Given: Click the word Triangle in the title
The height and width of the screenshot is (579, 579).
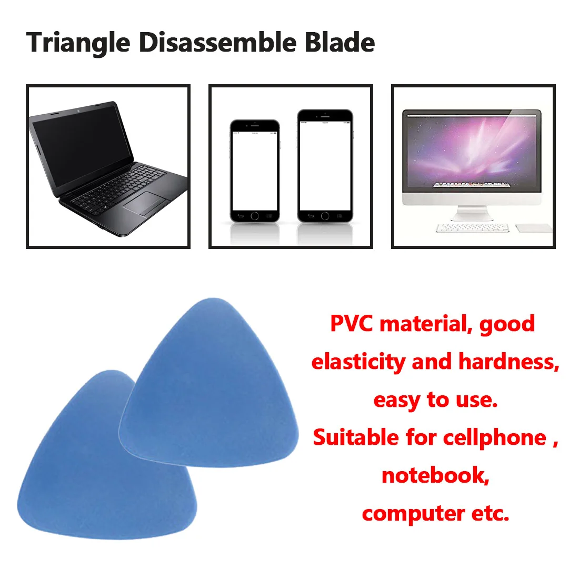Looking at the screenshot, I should point(78,43).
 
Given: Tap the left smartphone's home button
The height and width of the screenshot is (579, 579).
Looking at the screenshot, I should point(255,216).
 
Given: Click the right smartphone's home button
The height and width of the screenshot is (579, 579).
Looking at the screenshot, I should point(325,216).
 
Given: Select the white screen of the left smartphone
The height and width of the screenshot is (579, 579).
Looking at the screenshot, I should point(255,169).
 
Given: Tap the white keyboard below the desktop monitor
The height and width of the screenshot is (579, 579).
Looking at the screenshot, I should point(472,228).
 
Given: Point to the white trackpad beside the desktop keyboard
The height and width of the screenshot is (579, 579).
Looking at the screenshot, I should point(533,227).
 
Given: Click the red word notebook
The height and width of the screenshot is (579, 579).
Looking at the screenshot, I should point(435,475).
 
